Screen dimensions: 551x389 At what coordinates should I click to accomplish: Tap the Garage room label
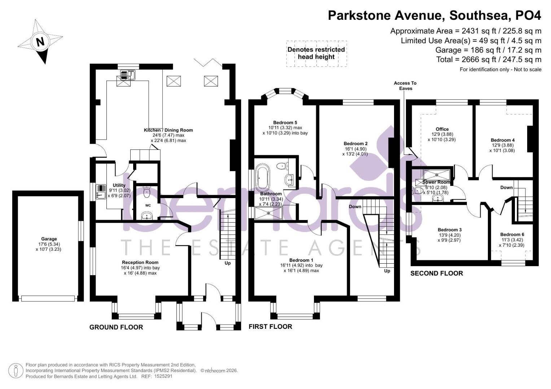[x=49, y=239]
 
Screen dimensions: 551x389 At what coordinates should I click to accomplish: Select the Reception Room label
[x=140, y=262]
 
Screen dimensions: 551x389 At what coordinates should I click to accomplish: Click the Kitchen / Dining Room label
[x=168, y=130]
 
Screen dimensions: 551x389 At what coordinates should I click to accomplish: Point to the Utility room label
[x=119, y=185]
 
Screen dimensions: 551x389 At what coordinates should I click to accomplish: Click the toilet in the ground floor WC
[x=147, y=192]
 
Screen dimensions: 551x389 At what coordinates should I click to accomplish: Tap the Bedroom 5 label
[x=285, y=122]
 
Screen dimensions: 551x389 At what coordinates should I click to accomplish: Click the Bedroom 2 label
[x=355, y=143]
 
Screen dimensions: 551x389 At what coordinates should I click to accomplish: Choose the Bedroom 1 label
[x=301, y=260]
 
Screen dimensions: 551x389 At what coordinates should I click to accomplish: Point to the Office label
[x=442, y=129]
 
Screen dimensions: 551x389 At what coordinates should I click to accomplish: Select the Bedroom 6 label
[x=512, y=234]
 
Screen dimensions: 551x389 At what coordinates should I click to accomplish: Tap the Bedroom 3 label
[x=450, y=230]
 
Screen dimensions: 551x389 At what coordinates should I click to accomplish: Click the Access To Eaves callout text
[x=405, y=86]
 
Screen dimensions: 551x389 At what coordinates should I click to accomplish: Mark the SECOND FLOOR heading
[x=437, y=273]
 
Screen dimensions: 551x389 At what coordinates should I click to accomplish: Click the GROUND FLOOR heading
[x=116, y=327]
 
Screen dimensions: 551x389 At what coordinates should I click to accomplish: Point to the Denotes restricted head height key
[x=316, y=53]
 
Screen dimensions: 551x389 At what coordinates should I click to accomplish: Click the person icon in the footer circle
[x=16, y=370]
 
